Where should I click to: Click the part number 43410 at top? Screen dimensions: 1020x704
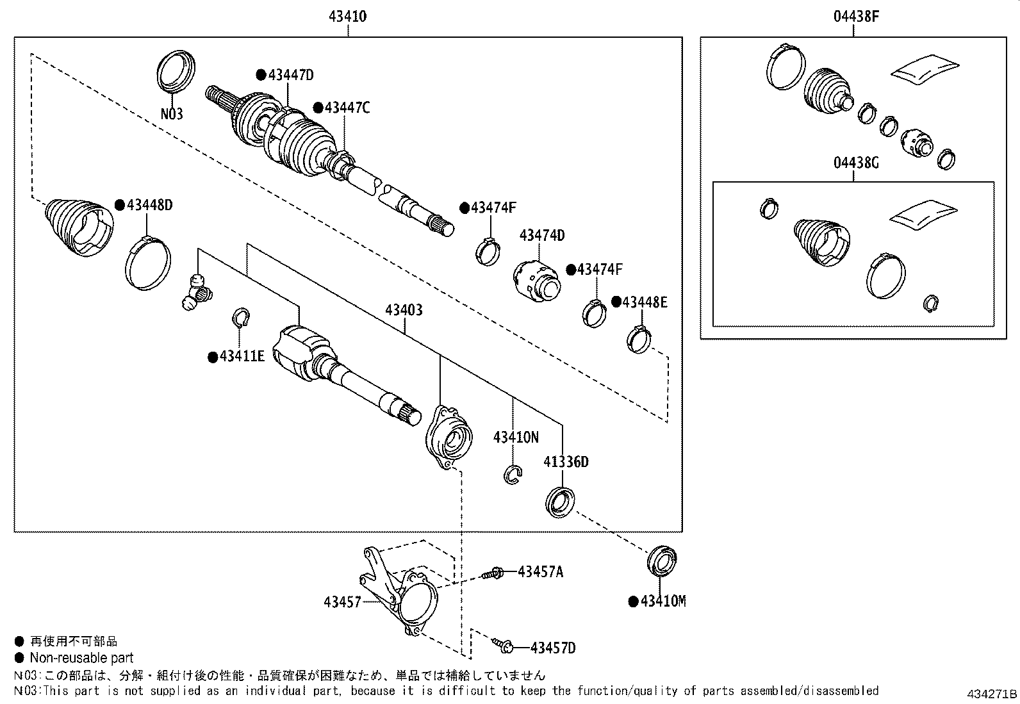pyautogui.click(x=347, y=17)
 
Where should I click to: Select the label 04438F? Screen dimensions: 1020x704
pyautogui.click(x=856, y=17)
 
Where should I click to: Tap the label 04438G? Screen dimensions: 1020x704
pyautogui.click(x=856, y=163)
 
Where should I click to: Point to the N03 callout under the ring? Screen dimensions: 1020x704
pyautogui.click(x=172, y=113)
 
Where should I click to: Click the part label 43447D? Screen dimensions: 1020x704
pyautogui.click(x=291, y=75)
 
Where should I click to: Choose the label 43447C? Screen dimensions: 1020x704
pyautogui.click(x=347, y=108)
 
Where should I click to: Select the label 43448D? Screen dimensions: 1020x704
pyautogui.click(x=150, y=205)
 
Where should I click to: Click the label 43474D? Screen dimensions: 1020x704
pyautogui.click(x=542, y=235)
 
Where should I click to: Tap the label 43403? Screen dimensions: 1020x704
pyautogui.click(x=404, y=310)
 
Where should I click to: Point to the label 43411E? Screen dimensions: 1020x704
pyautogui.click(x=242, y=356)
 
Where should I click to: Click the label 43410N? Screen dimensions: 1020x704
pyautogui.click(x=516, y=438)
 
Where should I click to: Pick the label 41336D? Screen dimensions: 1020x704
pyautogui.click(x=566, y=463)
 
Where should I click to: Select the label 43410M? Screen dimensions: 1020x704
pyautogui.click(x=663, y=602)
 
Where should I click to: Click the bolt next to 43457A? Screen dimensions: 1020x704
pyautogui.click(x=492, y=573)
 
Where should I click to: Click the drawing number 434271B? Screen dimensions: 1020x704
pyautogui.click(x=992, y=694)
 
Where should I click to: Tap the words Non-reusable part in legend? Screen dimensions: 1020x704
pyautogui.click(x=81, y=657)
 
